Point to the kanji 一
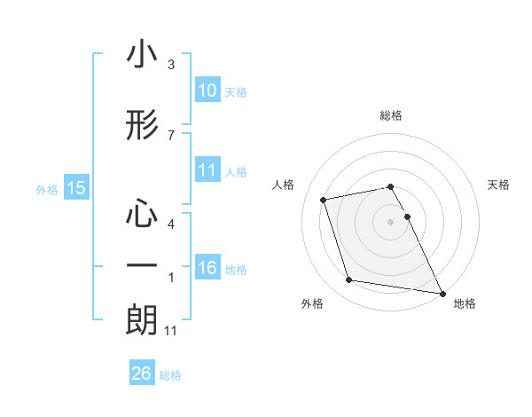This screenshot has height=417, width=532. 142,266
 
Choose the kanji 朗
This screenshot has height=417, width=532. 142,319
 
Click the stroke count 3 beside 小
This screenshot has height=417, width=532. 171,65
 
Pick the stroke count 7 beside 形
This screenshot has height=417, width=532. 171,135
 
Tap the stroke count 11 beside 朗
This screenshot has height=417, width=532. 172,331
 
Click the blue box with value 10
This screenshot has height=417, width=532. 207,90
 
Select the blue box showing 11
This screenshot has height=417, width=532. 207,170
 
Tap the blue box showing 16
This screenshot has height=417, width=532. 207,268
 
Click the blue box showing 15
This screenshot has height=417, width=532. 76,188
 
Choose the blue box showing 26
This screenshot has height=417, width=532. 141,374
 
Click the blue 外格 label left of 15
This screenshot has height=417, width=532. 47,189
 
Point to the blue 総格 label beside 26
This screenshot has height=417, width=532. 170,375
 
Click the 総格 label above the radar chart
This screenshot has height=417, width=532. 391,115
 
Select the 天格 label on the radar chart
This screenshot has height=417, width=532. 498,185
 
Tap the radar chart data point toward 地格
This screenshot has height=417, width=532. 442,293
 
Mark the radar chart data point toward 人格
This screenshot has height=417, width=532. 324,199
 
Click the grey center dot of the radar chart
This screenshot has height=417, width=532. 391,221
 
